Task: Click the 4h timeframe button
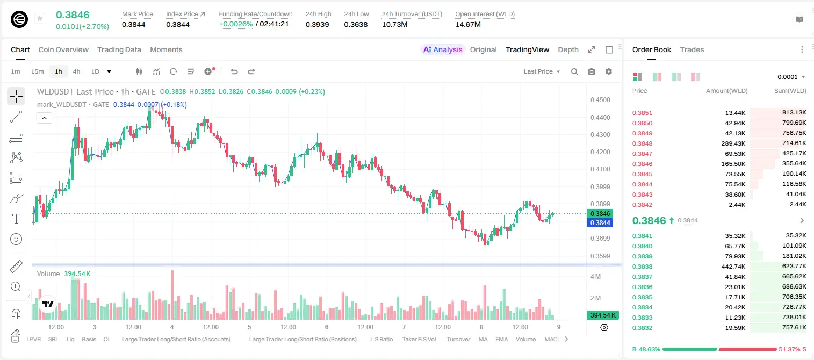pos(76,71)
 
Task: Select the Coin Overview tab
pos(63,49)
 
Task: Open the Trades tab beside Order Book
pos(691,49)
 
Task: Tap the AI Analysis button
pos(443,49)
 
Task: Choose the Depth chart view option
pos(568,49)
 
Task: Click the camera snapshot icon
pos(591,71)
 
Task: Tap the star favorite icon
pos(40,18)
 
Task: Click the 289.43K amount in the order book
pos(733,143)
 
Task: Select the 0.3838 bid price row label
pos(642,267)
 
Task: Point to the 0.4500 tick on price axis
pos(600,100)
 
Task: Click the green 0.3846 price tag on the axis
pos(600,214)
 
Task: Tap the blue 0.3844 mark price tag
pos(600,222)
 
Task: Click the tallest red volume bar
pos(172,295)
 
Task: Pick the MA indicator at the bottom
pos(483,339)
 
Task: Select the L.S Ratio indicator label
pos(381,339)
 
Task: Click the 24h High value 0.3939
pos(317,24)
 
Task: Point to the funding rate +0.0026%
pos(235,24)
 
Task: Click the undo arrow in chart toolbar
pos(234,71)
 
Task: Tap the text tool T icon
pos(16,219)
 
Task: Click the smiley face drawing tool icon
pos(16,239)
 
